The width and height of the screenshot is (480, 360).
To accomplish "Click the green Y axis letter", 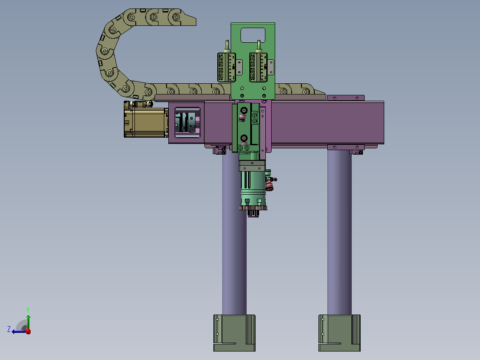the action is [28, 310].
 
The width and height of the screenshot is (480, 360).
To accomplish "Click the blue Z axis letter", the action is [9, 329].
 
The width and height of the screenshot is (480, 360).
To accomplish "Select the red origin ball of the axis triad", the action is [28, 331].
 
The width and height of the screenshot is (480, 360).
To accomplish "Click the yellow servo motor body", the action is [146, 122].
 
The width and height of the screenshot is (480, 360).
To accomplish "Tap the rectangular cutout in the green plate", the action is [253, 35].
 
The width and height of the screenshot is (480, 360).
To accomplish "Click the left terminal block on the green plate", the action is [227, 67].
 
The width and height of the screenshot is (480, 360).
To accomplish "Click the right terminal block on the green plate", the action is [258, 67].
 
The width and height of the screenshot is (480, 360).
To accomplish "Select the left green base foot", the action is [234, 333].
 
